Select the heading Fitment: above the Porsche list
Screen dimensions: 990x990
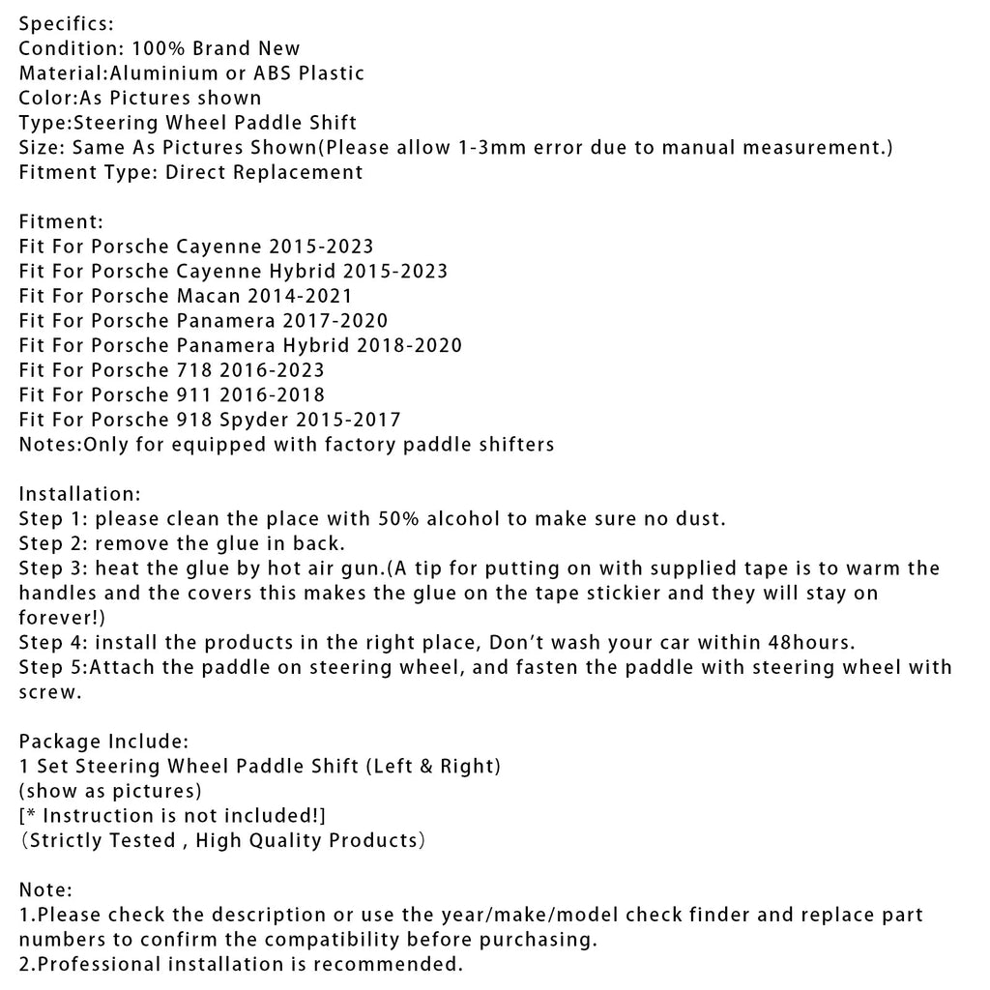(x=61, y=221)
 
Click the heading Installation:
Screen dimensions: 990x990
(x=80, y=494)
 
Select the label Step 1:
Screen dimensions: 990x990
(x=53, y=519)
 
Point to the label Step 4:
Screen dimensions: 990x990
(x=53, y=642)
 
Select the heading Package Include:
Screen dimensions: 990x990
(x=102, y=742)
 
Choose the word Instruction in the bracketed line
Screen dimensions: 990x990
(x=100, y=816)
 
